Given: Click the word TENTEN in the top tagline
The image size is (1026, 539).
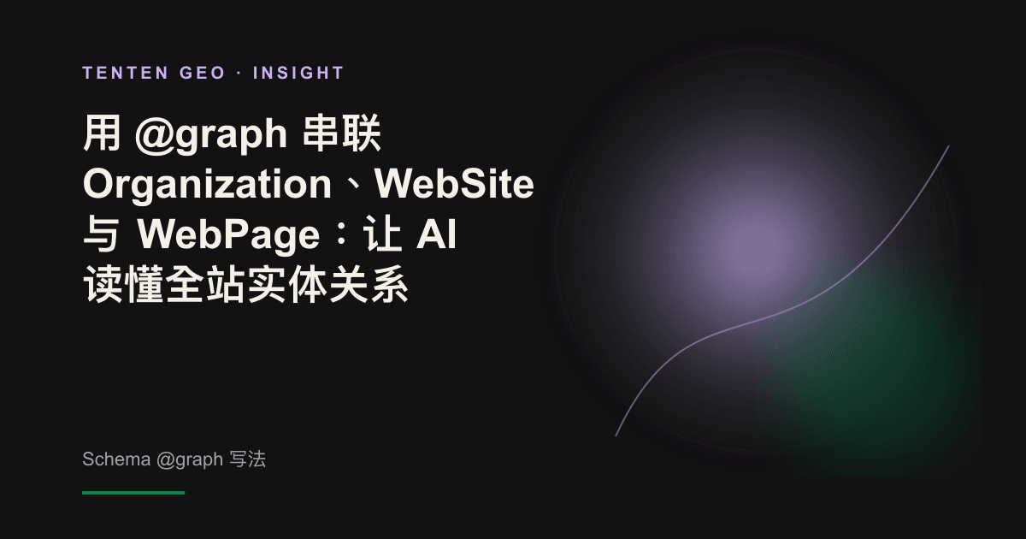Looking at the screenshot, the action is [126, 73].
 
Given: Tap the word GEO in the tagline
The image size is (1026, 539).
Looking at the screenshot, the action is [202, 73].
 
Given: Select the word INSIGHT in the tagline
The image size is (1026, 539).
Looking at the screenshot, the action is [298, 73].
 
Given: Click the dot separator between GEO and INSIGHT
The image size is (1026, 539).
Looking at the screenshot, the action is [239, 74].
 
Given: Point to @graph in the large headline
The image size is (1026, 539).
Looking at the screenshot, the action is [211, 135].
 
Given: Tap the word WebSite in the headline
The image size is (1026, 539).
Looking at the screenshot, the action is [454, 184].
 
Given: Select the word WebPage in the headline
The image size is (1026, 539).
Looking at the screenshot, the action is [228, 235].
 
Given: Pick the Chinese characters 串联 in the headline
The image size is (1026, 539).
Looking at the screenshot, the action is [342, 133].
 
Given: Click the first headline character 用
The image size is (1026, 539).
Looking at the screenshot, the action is [102, 133].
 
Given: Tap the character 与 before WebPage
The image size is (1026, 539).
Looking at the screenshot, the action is [101, 234].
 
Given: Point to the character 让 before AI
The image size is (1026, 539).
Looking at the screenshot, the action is [382, 234].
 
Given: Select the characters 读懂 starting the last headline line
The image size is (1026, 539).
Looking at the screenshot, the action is [123, 284].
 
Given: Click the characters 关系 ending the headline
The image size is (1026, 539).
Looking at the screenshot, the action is [369, 284].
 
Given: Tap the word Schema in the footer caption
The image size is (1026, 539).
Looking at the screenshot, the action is [116, 459].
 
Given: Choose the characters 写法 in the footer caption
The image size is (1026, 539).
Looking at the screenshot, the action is [247, 459].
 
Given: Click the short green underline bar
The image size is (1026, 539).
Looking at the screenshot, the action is [133, 493].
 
